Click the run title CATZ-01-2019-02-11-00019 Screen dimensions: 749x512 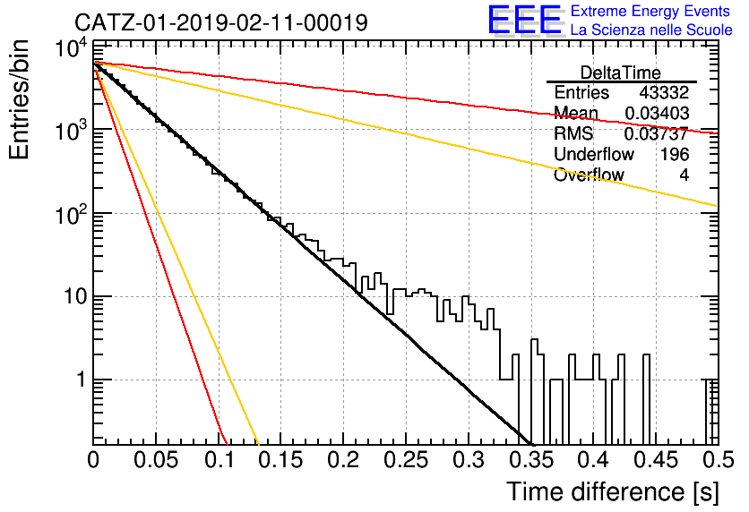221,22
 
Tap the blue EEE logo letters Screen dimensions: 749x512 524,20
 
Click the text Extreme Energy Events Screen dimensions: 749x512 650,11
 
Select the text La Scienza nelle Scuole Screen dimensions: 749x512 651,30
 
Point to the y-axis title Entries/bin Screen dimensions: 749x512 20,100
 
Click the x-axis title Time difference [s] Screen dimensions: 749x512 613,492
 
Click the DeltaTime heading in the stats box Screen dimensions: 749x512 621,73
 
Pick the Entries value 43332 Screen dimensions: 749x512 664,92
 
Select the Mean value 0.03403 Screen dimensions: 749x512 657,113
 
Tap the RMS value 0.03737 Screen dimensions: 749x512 657,133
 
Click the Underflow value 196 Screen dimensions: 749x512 675,154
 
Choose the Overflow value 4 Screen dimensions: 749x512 684,175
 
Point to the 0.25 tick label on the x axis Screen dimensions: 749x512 406,459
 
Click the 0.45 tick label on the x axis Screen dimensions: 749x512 657,459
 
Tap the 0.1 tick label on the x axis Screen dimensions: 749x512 220,459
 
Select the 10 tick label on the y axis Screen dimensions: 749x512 75,297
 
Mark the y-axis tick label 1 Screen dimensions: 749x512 81,380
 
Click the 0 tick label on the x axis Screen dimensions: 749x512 93,459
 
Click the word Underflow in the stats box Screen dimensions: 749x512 594,154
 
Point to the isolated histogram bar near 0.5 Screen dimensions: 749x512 710,412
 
